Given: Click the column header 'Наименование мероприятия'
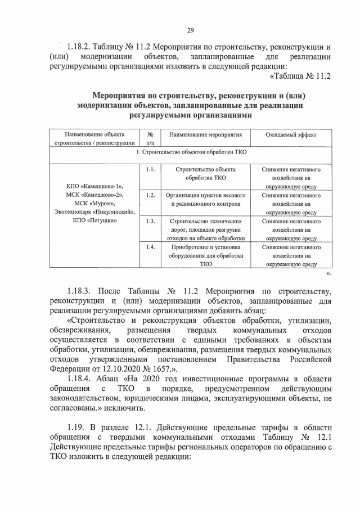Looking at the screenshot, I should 205,136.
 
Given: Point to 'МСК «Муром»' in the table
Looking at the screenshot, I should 94,203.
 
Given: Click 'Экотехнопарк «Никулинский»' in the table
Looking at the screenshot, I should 94,212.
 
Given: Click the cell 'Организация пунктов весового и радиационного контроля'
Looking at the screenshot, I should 205,199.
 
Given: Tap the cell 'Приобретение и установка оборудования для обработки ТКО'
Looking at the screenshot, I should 205,255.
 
